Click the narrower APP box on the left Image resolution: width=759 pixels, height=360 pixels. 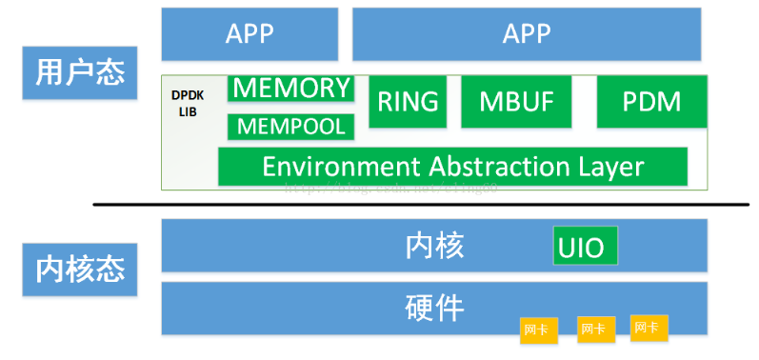click(250, 34)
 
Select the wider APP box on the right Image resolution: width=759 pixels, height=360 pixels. click(527, 34)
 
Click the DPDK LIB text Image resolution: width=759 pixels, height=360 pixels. click(187, 104)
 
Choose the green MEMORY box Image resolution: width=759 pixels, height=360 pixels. click(291, 89)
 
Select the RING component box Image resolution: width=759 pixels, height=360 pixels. click(408, 102)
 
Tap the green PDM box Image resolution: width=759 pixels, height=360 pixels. click(652, 102)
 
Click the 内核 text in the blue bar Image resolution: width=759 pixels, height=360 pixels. click(434, 246)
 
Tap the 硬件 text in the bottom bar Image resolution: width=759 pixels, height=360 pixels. click(434, 308)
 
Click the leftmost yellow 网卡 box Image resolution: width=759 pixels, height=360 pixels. click(537, 330)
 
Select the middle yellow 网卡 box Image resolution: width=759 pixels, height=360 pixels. click(594, 329)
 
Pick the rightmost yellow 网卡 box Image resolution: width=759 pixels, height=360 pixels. click(649, 328)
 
